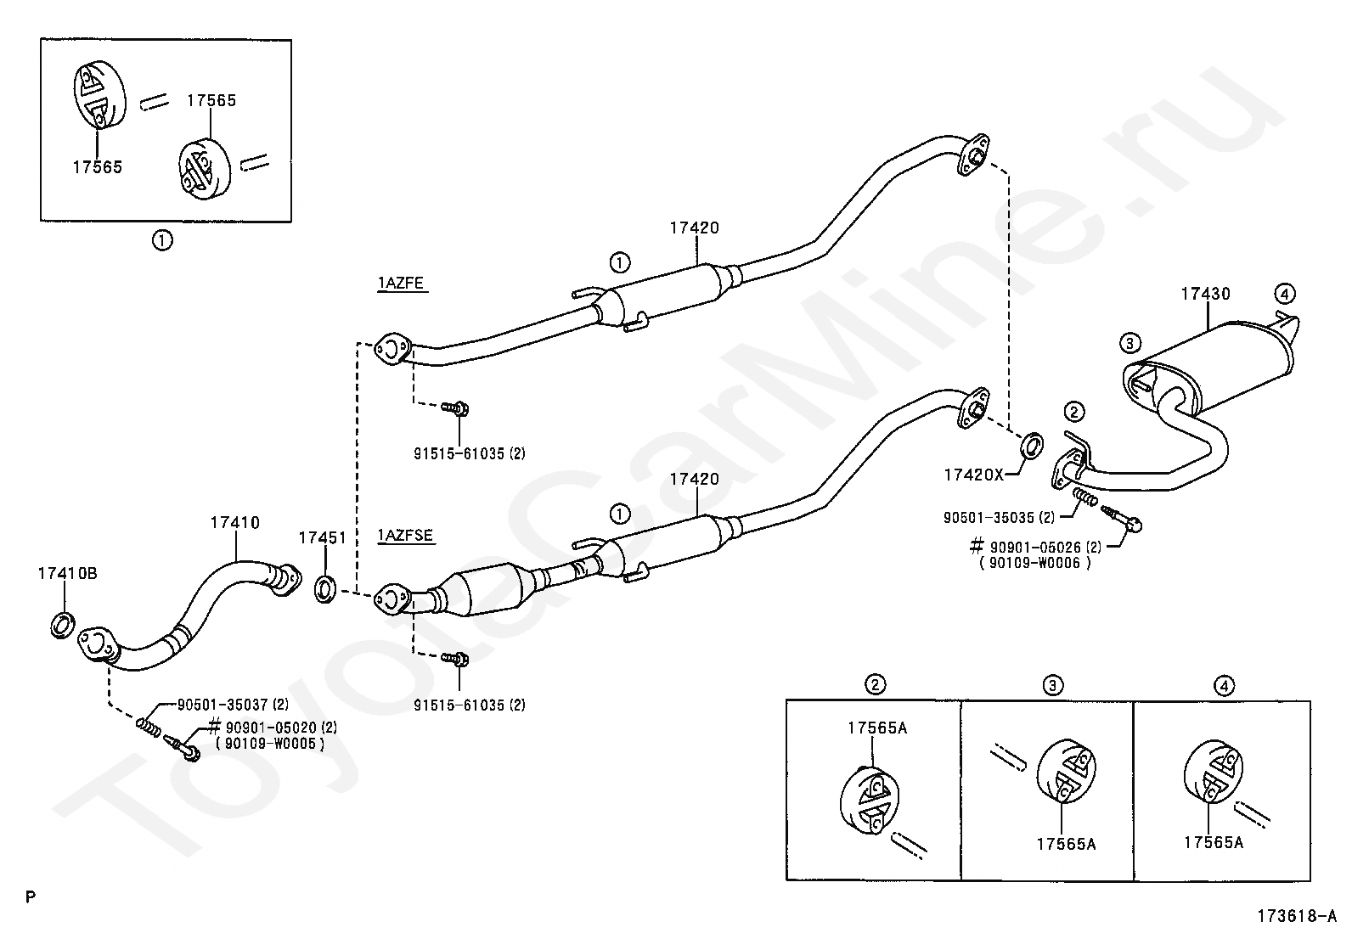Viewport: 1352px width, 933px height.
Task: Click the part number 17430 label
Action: click(x=1205, y=294)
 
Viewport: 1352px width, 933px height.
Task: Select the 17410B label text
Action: click(x=67, y=573)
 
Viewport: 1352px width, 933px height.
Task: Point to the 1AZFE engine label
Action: click(x=401, y=283)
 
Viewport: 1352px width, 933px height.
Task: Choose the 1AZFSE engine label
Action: click(x=405, y=536)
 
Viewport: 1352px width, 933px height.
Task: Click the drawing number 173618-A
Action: click(x=1297, y=915)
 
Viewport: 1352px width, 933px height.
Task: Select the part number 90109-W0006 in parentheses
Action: click(x=1034, y=563)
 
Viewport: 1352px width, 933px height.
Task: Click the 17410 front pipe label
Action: click(x=234, y=523)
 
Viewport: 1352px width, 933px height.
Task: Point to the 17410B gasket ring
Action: click(x=62, y=625)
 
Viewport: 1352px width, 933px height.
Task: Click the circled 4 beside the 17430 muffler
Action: click(x=1284, y=294)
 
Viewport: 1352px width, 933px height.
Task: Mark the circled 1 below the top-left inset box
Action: click(x=161, y=241)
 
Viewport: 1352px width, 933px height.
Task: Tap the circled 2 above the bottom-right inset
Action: click(x=876, y=684)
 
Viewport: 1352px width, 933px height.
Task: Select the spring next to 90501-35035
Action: click(x=1084, y=497)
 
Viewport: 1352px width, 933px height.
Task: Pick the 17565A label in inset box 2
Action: click(x=877, y=728)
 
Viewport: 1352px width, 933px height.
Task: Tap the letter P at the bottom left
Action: click(x=31, y=897)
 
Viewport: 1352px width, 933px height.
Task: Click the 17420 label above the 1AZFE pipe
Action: click(x=694, y=228)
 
